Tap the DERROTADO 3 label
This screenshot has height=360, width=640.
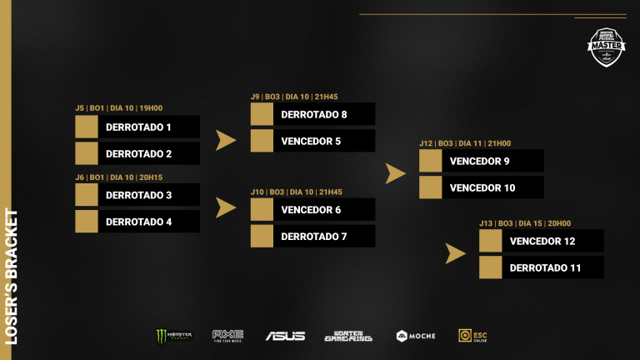(x=138, y=196)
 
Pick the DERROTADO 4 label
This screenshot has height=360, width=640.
(x=138, y=222)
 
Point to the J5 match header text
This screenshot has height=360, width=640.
(x=118, y=107)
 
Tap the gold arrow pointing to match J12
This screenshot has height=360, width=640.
(x=395, y=173)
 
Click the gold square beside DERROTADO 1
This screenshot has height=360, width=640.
(x=87, y=127)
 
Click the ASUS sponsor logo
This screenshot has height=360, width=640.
(x=285, y=336)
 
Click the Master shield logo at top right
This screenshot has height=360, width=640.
(x=606, y=47)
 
